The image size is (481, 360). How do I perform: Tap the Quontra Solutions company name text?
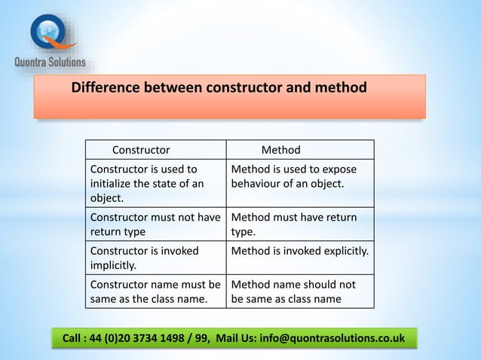(51, 62)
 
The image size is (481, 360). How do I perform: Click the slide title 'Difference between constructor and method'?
(219, 88)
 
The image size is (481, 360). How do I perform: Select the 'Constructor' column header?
(141, 150)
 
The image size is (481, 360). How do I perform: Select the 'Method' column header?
(280, 150)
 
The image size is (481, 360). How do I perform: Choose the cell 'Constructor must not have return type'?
(155, 224)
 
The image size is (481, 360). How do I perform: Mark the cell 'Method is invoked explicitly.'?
(300, 251)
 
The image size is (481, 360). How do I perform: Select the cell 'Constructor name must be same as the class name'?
(155, 291)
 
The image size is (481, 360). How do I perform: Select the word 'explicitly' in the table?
(344, 251)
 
